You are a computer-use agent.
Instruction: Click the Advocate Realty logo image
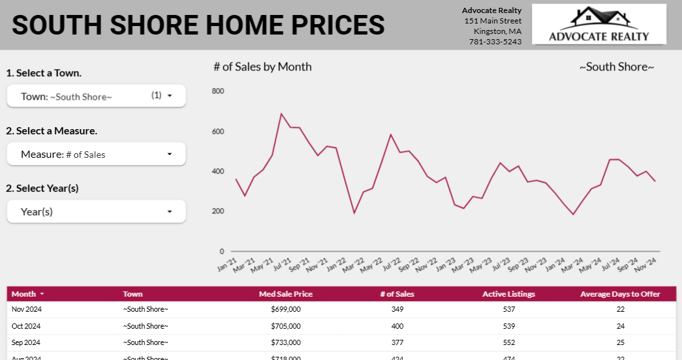[598, 24]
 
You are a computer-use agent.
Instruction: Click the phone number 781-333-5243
[495, 42]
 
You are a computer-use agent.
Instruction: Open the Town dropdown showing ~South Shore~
[96, 96]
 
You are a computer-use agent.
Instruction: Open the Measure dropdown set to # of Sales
[96, 154]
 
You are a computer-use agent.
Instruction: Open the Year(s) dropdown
[96, 211]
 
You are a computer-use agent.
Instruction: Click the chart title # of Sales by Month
[262, 67]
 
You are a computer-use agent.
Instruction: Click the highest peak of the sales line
[281, 113]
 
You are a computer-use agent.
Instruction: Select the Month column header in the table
[24, 294]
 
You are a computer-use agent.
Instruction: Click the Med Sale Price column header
[285, 294]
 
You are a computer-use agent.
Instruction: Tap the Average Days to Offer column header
[620, 294]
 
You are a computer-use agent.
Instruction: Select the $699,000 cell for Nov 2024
[285, 309]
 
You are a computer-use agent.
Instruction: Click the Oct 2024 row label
[26, 326]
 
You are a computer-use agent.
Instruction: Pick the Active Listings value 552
[508, 342]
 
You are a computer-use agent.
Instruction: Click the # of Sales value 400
[397, 326]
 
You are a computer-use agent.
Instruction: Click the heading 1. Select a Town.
[44, 73]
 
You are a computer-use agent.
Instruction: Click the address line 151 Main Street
[493, 21]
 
